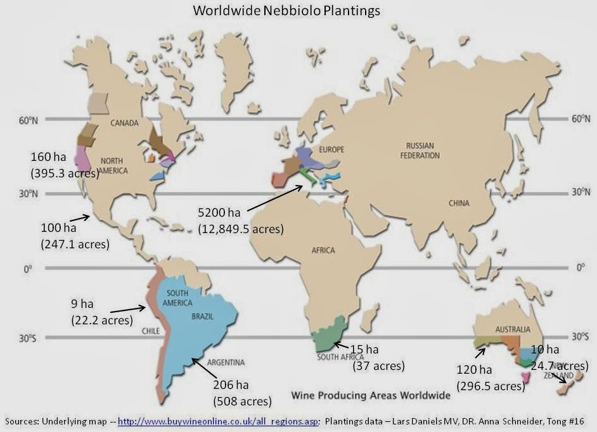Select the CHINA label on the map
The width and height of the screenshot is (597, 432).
tap(459, 203)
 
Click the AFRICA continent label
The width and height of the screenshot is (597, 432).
tap(323, 250)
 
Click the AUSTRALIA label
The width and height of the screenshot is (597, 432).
tap(513, 329)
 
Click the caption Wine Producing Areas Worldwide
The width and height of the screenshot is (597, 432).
tap(370, 395)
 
